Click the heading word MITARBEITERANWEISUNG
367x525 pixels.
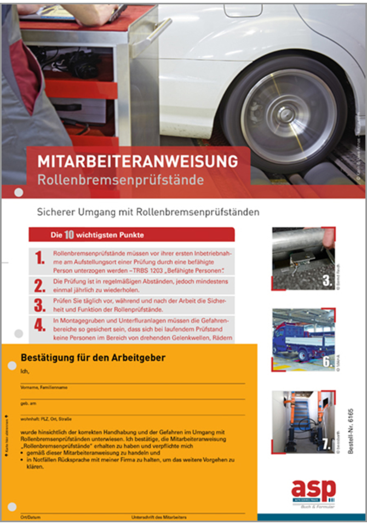pyautogui.click(x=137, y=161)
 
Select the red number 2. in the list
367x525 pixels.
pyautogui.click(x=40, y=286)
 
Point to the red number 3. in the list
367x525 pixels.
pyautogui.click(x=40, y=306)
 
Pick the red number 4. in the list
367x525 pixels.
pyautogui.click(x=40, y=324)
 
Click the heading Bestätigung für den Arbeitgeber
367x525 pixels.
pyautogui.click(x=93, y=358)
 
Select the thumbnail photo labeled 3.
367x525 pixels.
pyautogui.click(x=302, y=258)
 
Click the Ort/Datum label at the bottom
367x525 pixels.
pyautogui.click(x=28, y=517)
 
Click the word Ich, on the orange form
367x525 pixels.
pyautogui.click(x=24, y=372)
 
